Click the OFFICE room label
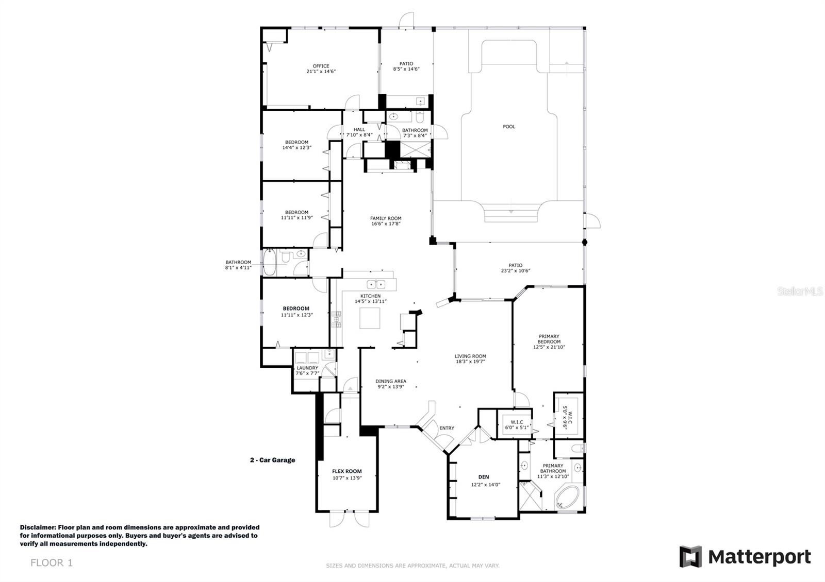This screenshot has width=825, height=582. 321,66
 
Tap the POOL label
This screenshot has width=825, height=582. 509,127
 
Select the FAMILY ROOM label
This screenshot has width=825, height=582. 386,218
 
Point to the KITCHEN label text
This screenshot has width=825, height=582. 371,296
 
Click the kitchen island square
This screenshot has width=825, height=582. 370,318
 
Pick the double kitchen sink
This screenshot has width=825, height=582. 376,284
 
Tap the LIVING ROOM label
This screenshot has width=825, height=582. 470,356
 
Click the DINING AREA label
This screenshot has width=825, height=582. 391,381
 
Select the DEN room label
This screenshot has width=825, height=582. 484,477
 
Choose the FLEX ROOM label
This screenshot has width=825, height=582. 347,471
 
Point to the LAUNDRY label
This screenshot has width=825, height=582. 307,368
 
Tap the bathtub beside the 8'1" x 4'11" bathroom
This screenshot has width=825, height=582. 270,262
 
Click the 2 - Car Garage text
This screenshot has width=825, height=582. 273,460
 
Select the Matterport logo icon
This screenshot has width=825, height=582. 690,557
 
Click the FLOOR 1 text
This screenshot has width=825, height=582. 52,563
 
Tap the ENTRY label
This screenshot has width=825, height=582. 447,428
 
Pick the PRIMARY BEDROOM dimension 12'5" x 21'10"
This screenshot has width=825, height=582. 549,347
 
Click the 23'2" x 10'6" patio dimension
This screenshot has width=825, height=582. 516,271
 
